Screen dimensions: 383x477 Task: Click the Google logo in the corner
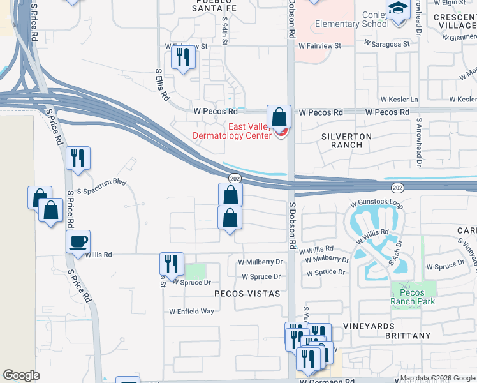click(x=21, y=375)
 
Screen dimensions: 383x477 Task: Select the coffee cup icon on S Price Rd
click(x=78, y=242)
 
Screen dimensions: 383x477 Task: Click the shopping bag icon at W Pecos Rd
click(x=279, y=117)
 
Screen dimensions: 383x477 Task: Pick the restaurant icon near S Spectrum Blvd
click(x=78, y=158)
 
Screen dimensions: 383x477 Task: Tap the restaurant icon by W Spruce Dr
click(x=172, y=264)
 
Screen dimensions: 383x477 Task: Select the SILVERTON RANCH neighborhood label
click(x=347, y=140)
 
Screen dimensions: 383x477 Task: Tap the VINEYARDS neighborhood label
click(x=386, y=326)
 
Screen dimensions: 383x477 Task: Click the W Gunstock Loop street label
click(x=376, y=204)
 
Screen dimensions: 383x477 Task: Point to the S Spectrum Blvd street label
click(x=101, y=186)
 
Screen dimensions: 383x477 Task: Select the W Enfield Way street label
click(x=191, y=312)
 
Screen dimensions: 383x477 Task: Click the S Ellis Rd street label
click(x=163, y=86)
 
